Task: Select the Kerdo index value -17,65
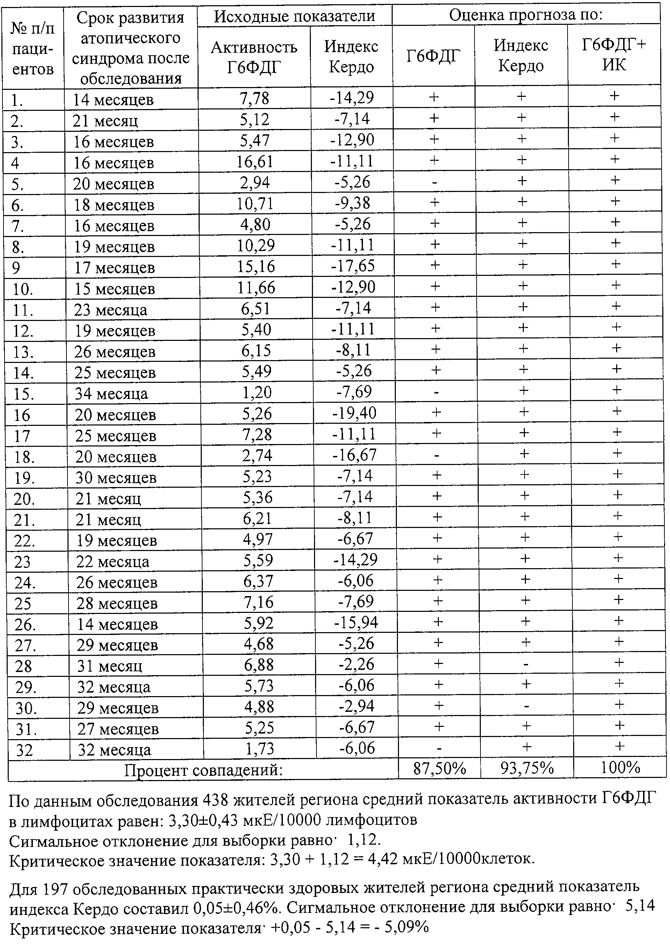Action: (353, 266)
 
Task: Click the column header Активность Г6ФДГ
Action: (254, 57)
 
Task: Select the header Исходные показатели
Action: (294, 16)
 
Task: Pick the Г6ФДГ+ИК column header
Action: (614, 55)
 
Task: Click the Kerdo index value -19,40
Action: (354, 413)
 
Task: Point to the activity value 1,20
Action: (257, 392)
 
